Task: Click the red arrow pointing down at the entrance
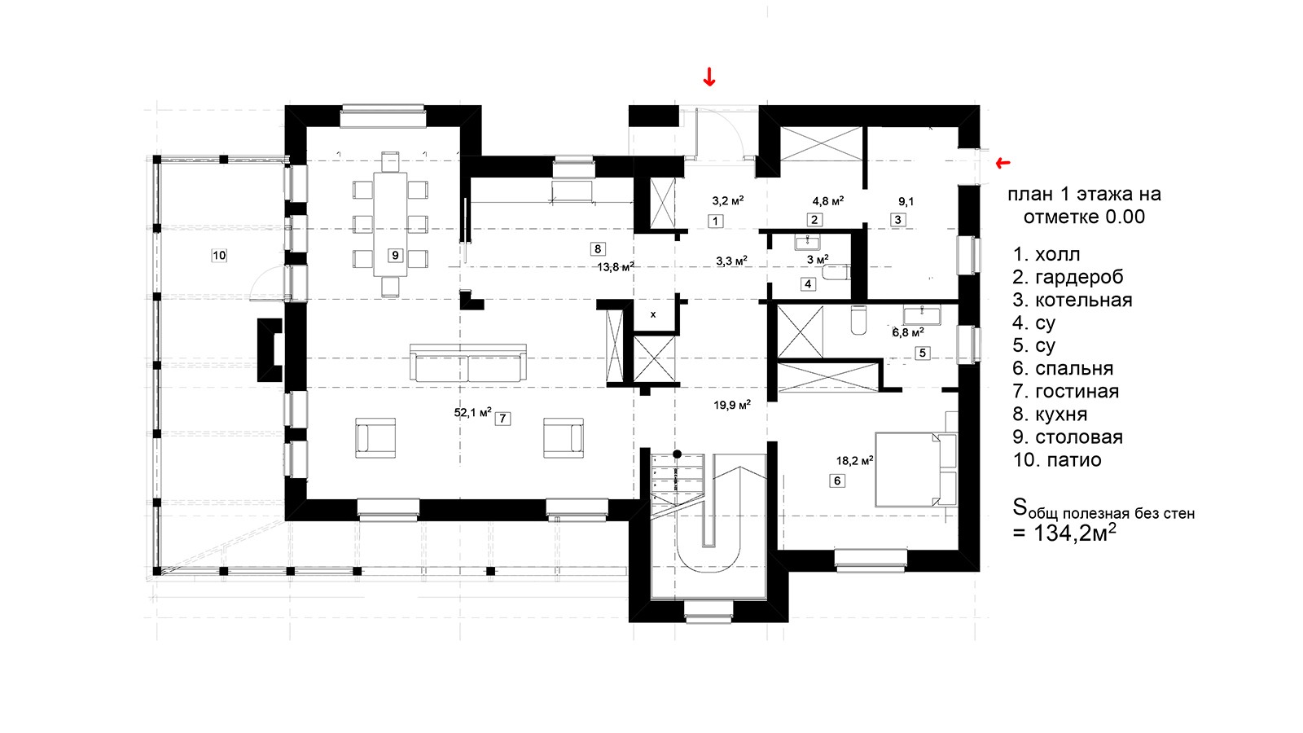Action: tap(709, 77)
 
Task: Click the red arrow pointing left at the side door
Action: tap(1002, 163)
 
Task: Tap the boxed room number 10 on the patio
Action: tap(219, 256)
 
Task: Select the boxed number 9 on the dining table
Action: tap(395, 256)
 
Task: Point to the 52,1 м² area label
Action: tap(472, 412)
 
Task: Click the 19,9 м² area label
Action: tap(732, 405)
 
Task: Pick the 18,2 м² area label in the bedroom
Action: tap(854, 461)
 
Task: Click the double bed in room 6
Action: tap(916, 469)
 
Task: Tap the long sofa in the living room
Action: tap(468, 363)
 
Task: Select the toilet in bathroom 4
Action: tap(836, 272)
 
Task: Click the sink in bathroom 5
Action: tap(921, 315)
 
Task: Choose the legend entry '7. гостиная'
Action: tap(1066, 391)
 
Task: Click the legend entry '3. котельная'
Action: tap(1072, 301)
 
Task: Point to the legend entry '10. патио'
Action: tap(1057, 460)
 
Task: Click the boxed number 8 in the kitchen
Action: tap(598, 249)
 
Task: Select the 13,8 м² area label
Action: tap(616, 267)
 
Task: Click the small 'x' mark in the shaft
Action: tap(653, 314)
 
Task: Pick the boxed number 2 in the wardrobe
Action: tap(814, 220)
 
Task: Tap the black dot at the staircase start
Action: tap(677, 454)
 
